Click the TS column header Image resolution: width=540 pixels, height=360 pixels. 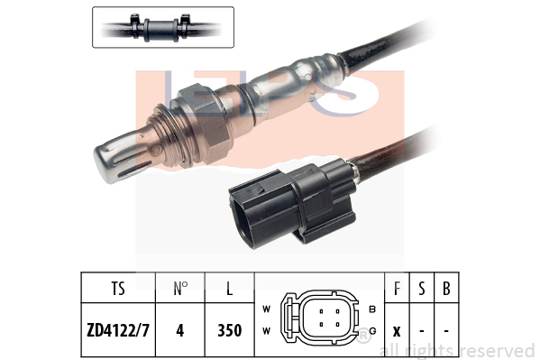point(118,289)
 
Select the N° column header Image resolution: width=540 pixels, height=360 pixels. point(179,289)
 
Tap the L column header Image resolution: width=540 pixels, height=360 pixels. point(229,289)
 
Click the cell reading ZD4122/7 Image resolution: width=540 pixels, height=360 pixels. point(118,330)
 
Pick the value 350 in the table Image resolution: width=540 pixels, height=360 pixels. point(229,330)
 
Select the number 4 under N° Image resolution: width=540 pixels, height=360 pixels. point(179,330)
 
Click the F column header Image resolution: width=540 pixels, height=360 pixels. point(397,289)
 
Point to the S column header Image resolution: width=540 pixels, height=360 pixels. point(422,289)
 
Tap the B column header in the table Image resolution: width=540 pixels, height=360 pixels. point(446,289)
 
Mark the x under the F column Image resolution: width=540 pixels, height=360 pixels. point(397,332)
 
